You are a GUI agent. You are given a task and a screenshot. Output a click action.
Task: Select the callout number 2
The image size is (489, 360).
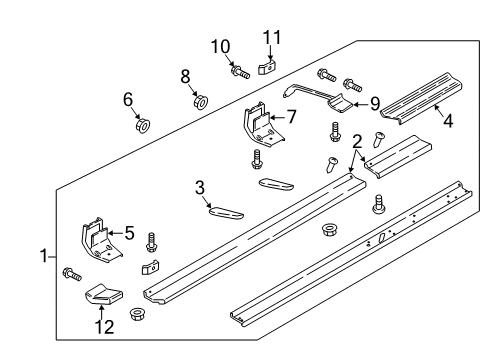pos(357,142)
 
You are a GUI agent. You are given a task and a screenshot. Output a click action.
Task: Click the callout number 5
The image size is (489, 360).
pos(129,233)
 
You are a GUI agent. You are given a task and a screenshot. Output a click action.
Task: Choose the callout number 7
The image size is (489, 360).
pos(291,117)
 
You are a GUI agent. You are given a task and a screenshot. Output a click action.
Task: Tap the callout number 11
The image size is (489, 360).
pos(267,38)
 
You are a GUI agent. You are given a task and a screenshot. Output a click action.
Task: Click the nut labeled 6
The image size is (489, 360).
pos(141,125)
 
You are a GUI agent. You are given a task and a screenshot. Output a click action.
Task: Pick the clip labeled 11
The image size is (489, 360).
pos(265,67)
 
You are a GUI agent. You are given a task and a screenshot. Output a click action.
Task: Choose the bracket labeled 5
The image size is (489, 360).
pos(97,240)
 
